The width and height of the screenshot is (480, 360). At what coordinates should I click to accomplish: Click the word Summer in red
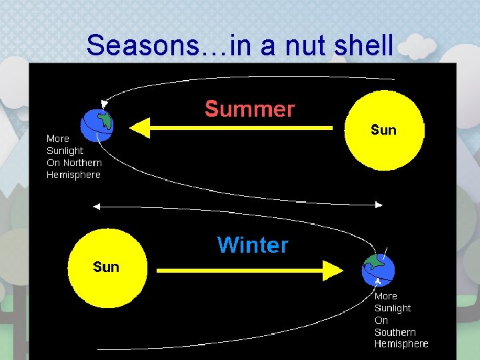click(249, 109)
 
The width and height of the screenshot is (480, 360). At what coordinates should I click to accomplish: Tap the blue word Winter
click(253, 245)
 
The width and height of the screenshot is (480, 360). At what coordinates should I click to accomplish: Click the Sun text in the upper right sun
click(383, 130)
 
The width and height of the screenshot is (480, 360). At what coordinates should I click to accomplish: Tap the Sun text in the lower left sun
click(106, 267)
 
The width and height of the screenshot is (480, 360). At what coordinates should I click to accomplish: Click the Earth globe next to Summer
click(97, 124)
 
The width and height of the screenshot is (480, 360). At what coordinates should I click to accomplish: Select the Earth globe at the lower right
click(378, 269)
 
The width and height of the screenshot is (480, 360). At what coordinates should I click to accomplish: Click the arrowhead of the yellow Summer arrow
click(138, 127)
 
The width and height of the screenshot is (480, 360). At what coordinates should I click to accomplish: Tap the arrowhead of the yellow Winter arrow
click(333, 270)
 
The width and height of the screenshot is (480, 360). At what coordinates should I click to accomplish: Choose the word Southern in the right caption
click(395, 332)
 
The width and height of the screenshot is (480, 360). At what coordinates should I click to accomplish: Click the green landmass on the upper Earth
click(103, 120)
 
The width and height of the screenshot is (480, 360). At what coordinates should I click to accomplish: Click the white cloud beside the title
click(417, 47)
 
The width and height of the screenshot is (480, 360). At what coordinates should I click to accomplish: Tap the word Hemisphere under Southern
click(401, 344)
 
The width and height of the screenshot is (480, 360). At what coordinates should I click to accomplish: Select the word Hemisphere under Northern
click(73, 175)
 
